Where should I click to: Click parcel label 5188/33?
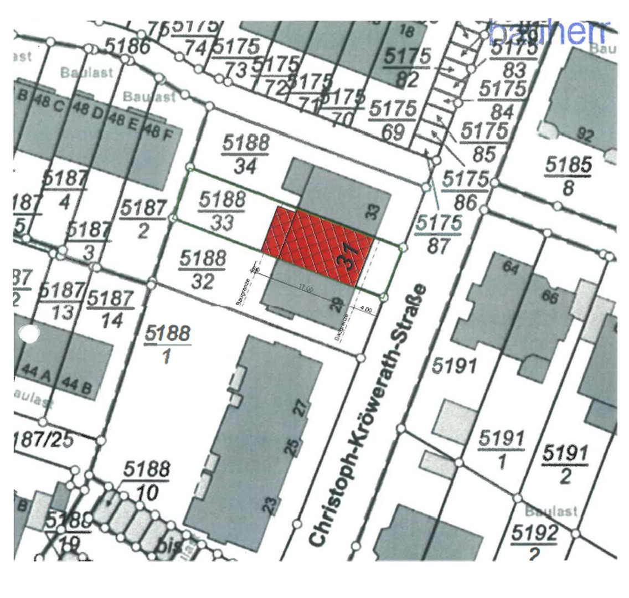[221, 210]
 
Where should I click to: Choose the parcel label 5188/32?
[203, 270]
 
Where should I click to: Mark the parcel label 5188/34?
[246, 153]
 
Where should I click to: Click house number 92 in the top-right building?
[585, 135]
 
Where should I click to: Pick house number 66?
[549, 297]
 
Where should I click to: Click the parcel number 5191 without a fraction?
[453, 366]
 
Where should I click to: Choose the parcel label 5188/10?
[146, 480]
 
